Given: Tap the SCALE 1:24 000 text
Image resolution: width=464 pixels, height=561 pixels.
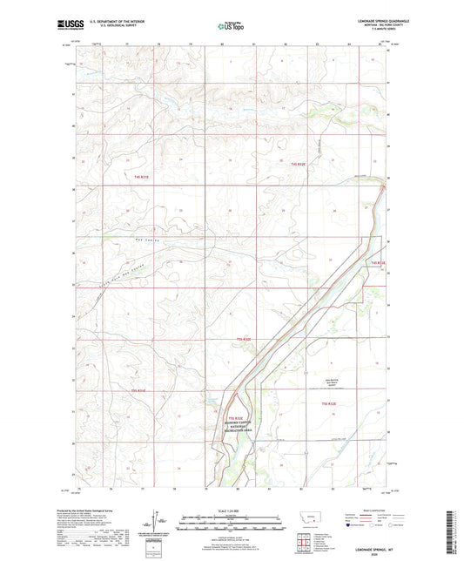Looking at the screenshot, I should click(232, 510).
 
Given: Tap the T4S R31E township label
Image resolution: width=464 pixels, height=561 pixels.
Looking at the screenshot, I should click(142, 177).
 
